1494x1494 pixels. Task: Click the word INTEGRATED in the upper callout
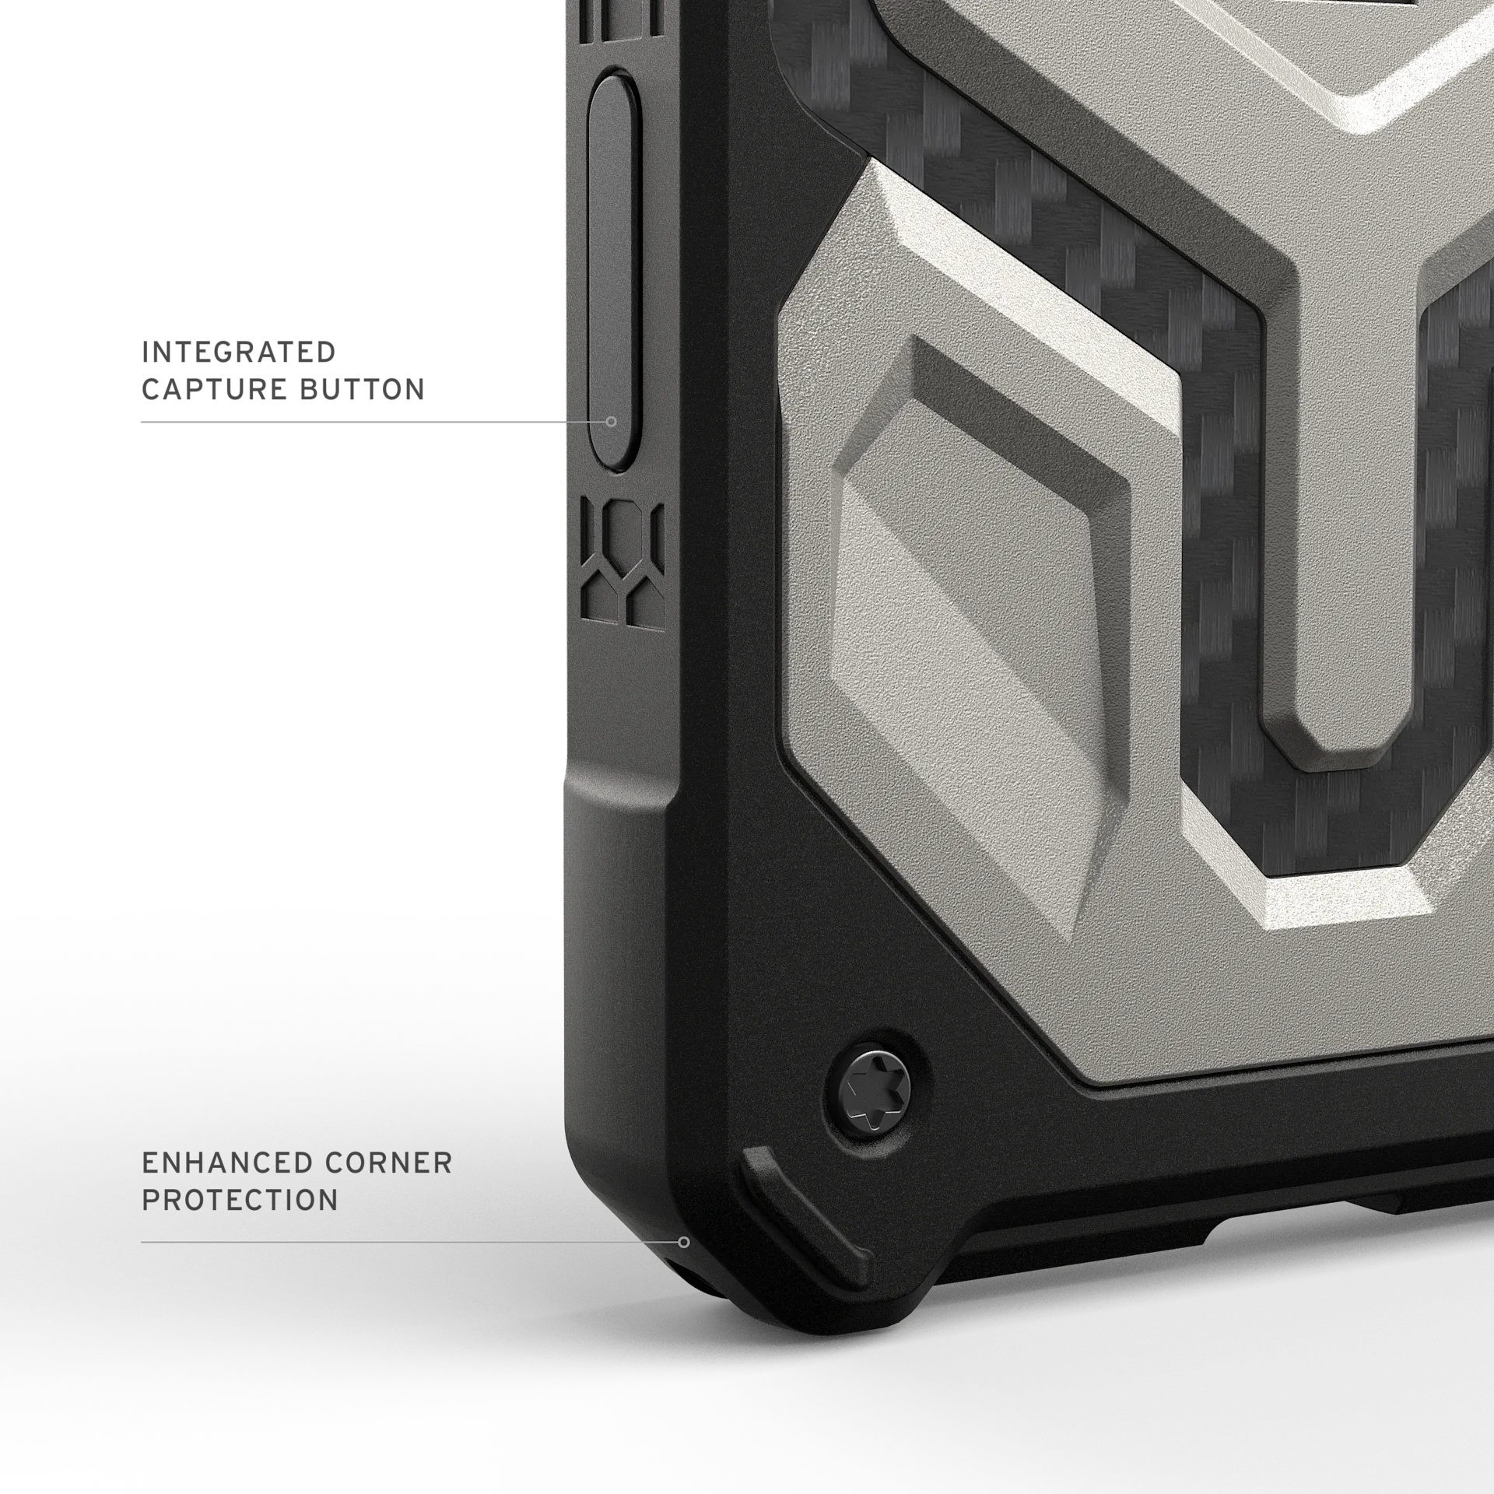point(238,352)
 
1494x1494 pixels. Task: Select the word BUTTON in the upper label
point(362,389)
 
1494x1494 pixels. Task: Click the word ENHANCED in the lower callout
point(227,1163)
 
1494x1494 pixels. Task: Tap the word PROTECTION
point(240,1200)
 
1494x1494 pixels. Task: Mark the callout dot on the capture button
point(612,422)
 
